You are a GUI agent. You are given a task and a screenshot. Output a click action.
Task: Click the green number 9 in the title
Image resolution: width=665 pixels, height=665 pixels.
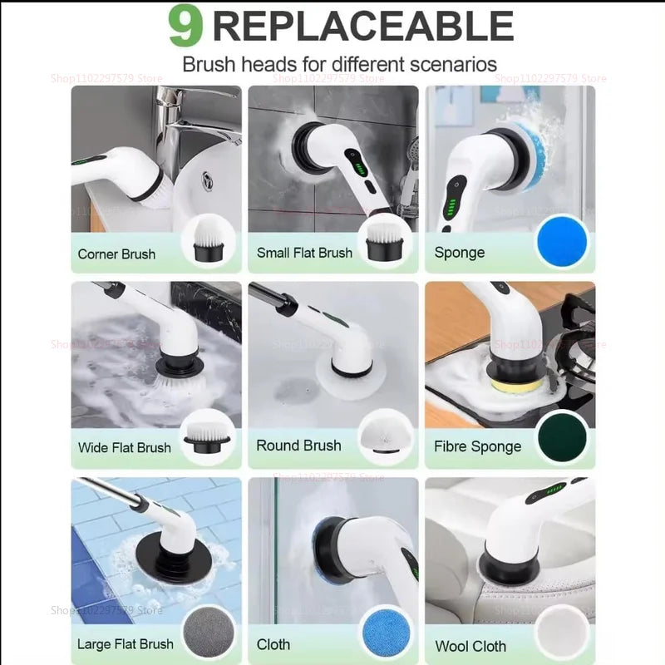pos(185,27)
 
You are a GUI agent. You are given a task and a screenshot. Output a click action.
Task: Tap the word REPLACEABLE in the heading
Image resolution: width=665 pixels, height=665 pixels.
pos(362,27)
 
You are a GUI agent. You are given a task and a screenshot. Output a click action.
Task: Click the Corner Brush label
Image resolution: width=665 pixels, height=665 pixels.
pos(116,254)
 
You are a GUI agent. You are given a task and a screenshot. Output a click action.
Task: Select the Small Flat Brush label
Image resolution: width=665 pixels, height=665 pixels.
pos(304,253)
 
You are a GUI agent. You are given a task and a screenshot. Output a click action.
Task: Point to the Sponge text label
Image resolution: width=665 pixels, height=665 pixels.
pos(459,252)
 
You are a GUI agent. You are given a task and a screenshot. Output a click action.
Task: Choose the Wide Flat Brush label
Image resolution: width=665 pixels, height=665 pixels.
pos(124,447)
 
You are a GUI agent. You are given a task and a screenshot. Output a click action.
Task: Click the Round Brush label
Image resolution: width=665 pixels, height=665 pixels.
pos(298,446)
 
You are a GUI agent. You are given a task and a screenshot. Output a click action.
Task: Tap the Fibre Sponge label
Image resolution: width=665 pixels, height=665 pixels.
pos(478,446)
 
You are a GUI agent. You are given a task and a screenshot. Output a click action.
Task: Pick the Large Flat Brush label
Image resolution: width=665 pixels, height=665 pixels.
pos(125,643)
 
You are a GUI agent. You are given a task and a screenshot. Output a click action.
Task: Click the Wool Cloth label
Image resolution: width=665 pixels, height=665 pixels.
pos(470,645)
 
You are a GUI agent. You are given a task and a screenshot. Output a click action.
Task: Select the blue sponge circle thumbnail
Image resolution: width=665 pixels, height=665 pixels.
pos(561,241)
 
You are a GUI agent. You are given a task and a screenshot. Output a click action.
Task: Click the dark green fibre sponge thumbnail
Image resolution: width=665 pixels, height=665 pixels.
pos(562,438)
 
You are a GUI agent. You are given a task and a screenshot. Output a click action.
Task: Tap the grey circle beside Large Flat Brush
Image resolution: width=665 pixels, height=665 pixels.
pos(207,633)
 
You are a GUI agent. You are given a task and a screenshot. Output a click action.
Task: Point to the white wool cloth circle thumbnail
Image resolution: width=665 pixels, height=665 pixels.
pos(562,634)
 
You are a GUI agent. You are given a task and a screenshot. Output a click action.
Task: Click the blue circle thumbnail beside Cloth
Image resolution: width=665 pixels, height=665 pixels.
pos(385,633)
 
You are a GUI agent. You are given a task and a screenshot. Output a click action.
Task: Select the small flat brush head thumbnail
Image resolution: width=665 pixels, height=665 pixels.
pos(385,241)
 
